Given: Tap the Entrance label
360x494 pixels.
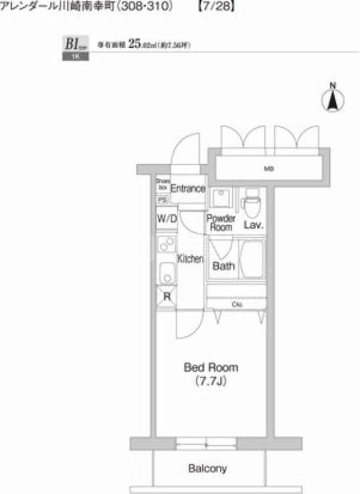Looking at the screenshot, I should coord(187,188).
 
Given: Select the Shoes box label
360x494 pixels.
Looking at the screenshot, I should coord(162,183).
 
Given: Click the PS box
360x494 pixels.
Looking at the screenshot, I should coord(162,199).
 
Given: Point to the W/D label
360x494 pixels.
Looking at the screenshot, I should coord(166,219).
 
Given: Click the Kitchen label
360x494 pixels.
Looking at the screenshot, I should coord(190,259).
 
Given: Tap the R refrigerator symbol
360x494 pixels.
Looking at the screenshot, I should coord(166,296).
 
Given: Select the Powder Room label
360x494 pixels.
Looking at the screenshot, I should coord(220,223).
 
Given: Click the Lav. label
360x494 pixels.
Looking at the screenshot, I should coord(253,225).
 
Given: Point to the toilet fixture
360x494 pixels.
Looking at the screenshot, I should coord(252,201).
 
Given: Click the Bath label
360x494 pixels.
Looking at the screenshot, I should coord(224,266).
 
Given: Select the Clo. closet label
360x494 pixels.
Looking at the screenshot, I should coord(237,304).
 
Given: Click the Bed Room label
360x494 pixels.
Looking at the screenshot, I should coord(211,367).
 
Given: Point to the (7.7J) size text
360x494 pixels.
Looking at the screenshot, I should coord(211,382).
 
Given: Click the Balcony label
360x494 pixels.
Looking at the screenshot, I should coord(207,469).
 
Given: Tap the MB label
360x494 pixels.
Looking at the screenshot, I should coord(269,169).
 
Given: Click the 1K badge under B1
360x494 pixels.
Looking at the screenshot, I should coord(75,56).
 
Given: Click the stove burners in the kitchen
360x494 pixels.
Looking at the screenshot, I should coord(165,245).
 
